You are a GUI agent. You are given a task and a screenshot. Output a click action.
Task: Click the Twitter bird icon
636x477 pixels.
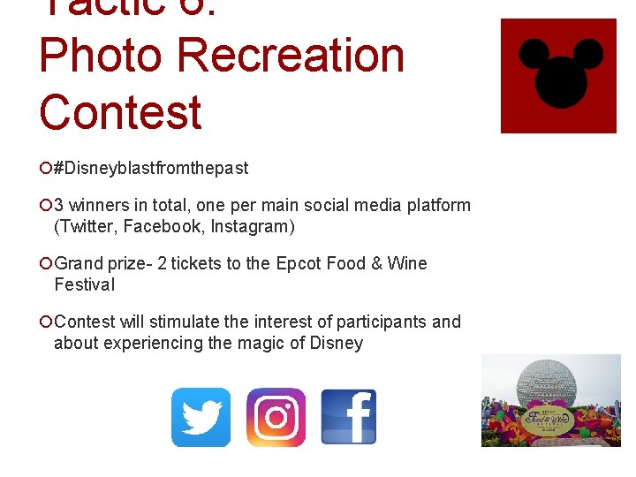(201, 417)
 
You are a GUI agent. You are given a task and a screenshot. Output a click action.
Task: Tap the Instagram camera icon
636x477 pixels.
(276, 417)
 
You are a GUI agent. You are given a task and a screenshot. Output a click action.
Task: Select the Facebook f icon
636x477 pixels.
(349, 417)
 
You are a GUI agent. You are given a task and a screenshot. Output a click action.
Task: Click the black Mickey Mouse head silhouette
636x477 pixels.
(557, 72)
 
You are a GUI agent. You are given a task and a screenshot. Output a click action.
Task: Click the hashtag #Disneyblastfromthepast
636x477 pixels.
(151, 168)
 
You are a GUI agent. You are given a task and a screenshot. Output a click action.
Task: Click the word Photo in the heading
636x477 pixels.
(101, 55)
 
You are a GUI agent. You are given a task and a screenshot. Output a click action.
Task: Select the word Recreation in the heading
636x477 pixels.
(291, 55)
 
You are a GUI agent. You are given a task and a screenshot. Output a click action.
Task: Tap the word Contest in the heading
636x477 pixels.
(120, 113)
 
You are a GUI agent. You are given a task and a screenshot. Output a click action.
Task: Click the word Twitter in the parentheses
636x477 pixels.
(87, 226)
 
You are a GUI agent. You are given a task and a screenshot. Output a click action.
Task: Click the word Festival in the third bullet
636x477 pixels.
(84, 284)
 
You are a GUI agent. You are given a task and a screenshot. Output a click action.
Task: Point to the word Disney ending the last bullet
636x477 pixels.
(337, 343)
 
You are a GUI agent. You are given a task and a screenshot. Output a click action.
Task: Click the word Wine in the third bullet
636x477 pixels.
(406, 263)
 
